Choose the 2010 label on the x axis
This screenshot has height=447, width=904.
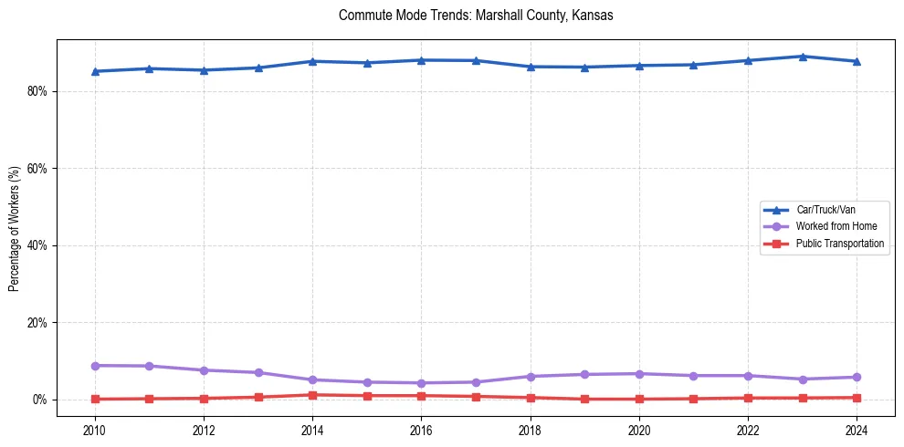coord(94,430)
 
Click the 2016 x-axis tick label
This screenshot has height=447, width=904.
coord(421,430)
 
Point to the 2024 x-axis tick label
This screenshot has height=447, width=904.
coord(857,430)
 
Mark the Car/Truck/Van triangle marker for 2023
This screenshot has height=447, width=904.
coord(802,57)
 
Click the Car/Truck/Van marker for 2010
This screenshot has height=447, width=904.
coord(95,71)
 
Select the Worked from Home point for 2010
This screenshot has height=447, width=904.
coord(95,366)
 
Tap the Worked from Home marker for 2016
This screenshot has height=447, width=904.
coord(421,383)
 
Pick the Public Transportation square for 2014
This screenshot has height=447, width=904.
coord(312,395)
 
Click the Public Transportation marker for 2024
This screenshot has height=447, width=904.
coord(857,398)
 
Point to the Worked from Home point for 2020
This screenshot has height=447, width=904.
coord(639,374)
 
